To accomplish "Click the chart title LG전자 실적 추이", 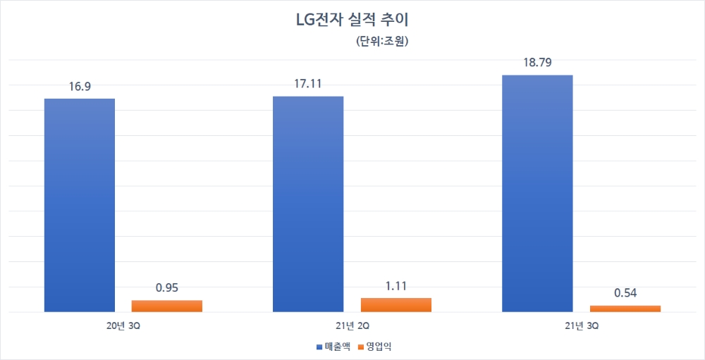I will [x=352, y=19].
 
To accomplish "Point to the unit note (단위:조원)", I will [x=383, y=41].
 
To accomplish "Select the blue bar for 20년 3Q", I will [x=80, y=204].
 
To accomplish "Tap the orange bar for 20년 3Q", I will [x=167, y=306].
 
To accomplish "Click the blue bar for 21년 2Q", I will [x=308, y=204].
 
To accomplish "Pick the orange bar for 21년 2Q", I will [x=396, y=304].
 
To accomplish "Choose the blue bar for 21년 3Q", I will [x=537, y=193].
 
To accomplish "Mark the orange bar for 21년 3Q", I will [x=625, y=308].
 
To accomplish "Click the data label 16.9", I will [x=80, y=87].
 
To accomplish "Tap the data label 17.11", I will [x=308, y=85].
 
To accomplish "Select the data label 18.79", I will [x=537, y=63].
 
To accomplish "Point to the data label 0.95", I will [x=167, y=288].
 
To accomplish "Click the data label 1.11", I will [x=396, y=286].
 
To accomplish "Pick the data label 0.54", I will [x=625, y=293].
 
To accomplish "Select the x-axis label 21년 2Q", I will [x=352, y=325].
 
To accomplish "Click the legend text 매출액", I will [x=338, y=347].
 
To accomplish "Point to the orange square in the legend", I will [x=361, y=347].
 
